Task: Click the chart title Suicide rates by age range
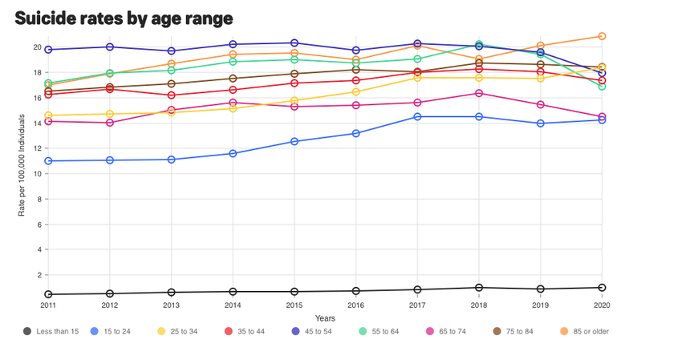point(124,18)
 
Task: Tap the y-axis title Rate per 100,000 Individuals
point(22,165)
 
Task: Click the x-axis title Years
point(325,318)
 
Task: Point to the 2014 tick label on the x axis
point(233,305)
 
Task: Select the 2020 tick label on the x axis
point(602,305)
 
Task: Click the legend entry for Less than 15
point(51,331)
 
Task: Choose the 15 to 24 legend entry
point(110,331)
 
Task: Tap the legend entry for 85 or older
point(585,331)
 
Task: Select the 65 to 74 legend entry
point(446,331)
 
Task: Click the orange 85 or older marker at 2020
point(602,36)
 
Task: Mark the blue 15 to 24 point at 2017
point(417,117)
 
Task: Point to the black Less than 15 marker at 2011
point(48,294)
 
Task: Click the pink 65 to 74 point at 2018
point(479,93)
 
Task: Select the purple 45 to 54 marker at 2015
point(294,42)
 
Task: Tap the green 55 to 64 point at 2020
point(602,87)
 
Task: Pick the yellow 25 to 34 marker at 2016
point(355,92)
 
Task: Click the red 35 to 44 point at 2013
point(171,95)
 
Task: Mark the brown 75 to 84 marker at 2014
point(233,79)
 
